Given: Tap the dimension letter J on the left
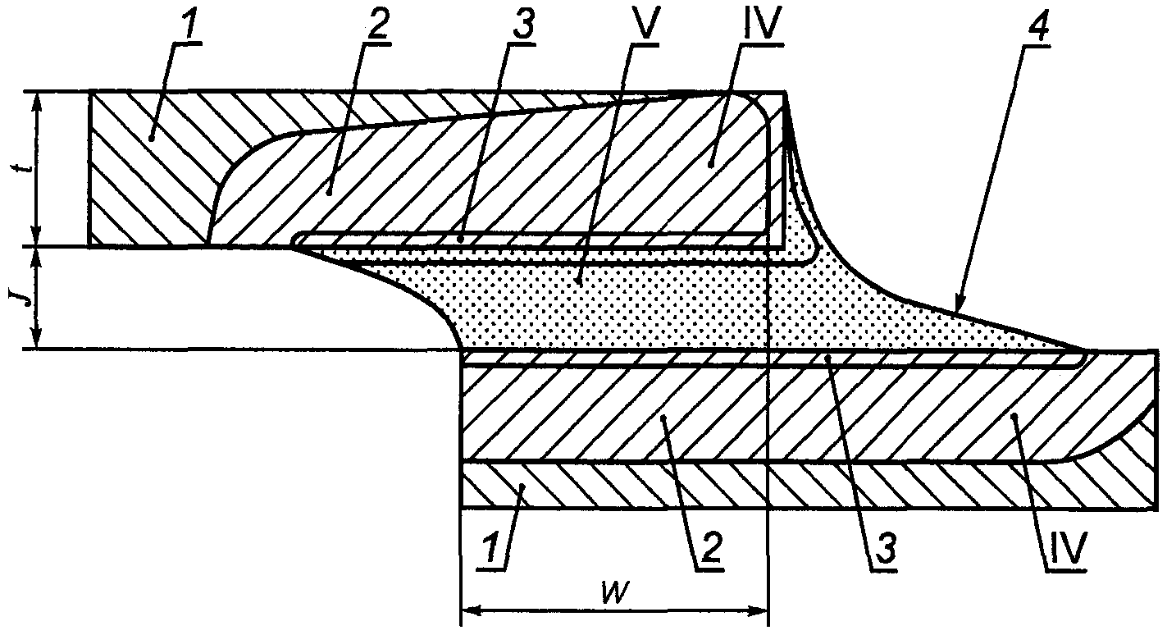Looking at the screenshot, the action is point(16,297).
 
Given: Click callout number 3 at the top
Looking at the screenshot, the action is point(522,25).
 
